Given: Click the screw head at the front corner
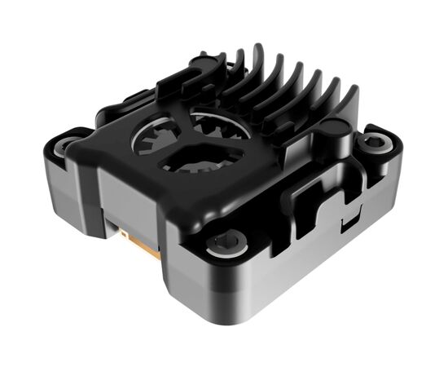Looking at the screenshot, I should point(225,242).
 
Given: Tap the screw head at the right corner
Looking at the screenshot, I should point(374,141).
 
